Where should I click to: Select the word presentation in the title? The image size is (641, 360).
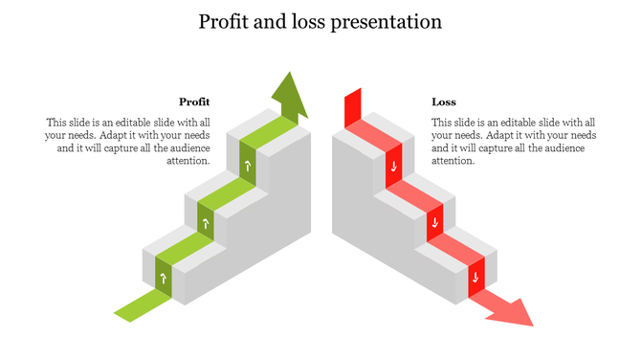[386, 22]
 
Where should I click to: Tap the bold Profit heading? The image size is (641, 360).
[194, 101]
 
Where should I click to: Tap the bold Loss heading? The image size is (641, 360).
[444, 101]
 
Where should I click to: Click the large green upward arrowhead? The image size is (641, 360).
[288, 94]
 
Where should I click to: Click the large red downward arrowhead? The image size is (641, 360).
[511, 312]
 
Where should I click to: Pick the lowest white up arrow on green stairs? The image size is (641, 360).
[164, 279]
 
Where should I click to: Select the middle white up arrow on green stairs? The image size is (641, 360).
[206, 224]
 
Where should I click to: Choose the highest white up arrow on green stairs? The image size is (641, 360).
[248, 168]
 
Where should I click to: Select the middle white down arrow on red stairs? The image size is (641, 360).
[434, 224]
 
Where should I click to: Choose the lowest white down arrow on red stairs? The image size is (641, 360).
[475, 280]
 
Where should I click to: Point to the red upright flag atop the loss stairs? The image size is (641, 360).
[353, 104]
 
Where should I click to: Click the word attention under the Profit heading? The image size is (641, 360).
[188, 161]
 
